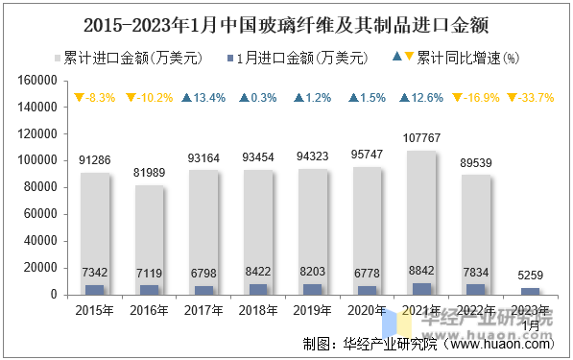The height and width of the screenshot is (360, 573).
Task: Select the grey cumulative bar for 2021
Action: click(422, 221)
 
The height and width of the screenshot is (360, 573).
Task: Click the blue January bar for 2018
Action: click(258, 289)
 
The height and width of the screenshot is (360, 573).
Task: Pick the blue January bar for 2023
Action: click(531, 291)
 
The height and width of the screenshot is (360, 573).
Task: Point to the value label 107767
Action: click(422, 138)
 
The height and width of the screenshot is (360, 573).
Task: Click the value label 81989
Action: click(149, 173)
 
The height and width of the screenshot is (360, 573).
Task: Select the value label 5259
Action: click(531, 276)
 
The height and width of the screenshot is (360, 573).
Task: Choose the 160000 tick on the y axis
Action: click(53, 82)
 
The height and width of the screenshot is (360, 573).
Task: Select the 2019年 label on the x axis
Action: click(313, 311)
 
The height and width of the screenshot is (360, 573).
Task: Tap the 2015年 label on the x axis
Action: click(94, 311)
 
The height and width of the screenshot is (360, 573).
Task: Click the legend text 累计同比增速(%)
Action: click(467, 58)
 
